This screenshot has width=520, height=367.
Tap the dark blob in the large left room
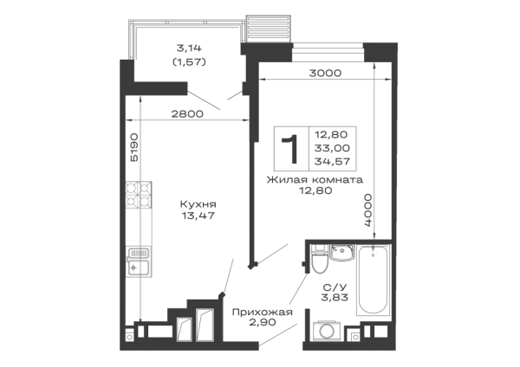tap(198, 209)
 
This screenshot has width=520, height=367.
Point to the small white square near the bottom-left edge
tap(184, 332)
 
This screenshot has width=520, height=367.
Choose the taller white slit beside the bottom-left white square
tap(205, 332)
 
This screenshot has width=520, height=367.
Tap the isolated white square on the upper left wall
tap(135, 128)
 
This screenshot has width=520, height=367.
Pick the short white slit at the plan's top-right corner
tap(385, 68)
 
